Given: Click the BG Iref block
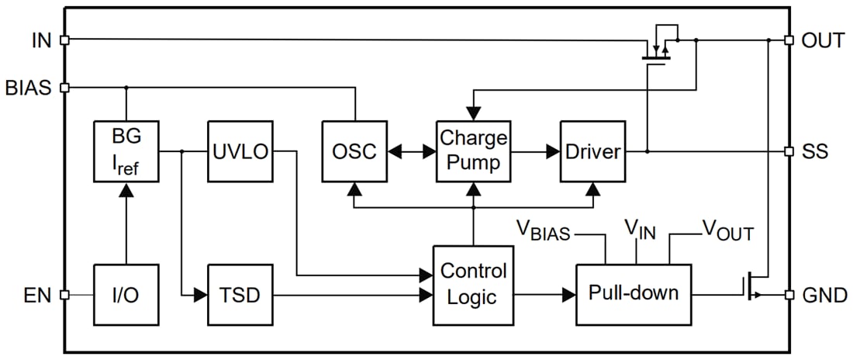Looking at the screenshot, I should (x=126, y=151).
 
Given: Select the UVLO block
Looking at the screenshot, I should (x=240, y=151).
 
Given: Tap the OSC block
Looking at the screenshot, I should (x=354, y=151).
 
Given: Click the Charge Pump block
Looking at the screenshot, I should (x=473, y=151).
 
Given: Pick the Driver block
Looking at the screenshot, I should (x=592, y=151).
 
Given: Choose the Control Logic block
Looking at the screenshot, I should (x=473, y=285).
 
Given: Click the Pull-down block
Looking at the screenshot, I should (x=633, y=294).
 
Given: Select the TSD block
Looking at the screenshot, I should (x=240, y=295).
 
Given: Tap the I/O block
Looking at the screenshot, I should (x=126, y=295).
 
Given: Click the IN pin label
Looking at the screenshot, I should (x=41, y=40).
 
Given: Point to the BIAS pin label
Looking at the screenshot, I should (x=29, y=88).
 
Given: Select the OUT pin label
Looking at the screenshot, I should (x=823, y=40).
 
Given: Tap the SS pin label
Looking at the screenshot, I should (x=816, y=151).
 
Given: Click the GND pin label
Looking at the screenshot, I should (x=823, y=295).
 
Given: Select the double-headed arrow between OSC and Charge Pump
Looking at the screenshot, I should (x=410, y=152).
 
